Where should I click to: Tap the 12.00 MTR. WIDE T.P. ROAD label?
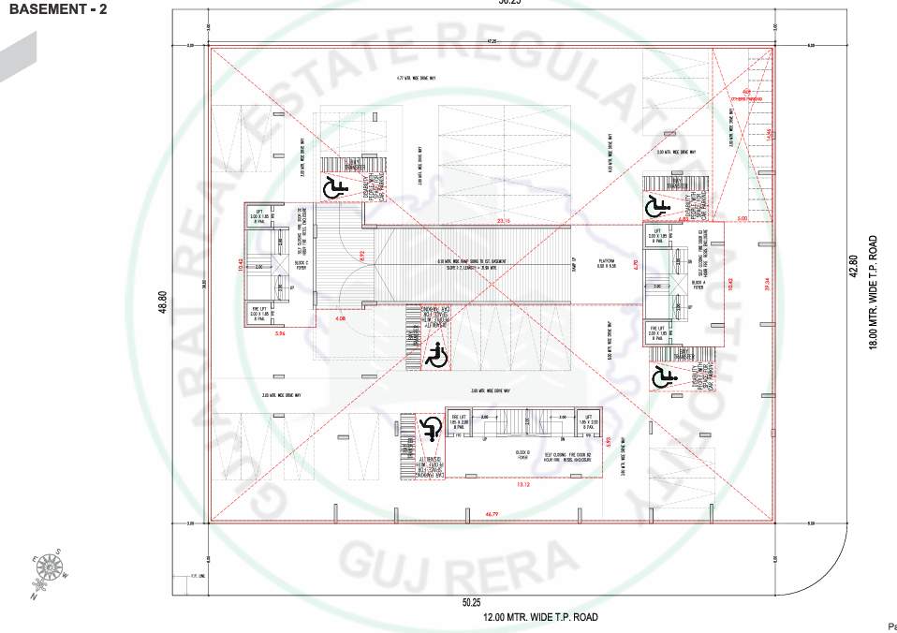pos(540,617)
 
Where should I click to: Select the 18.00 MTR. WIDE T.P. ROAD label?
pos(873,293)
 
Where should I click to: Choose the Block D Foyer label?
pos(524,455)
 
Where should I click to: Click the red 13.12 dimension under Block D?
pos(522,485)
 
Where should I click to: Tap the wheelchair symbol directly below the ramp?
pos(434,355)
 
